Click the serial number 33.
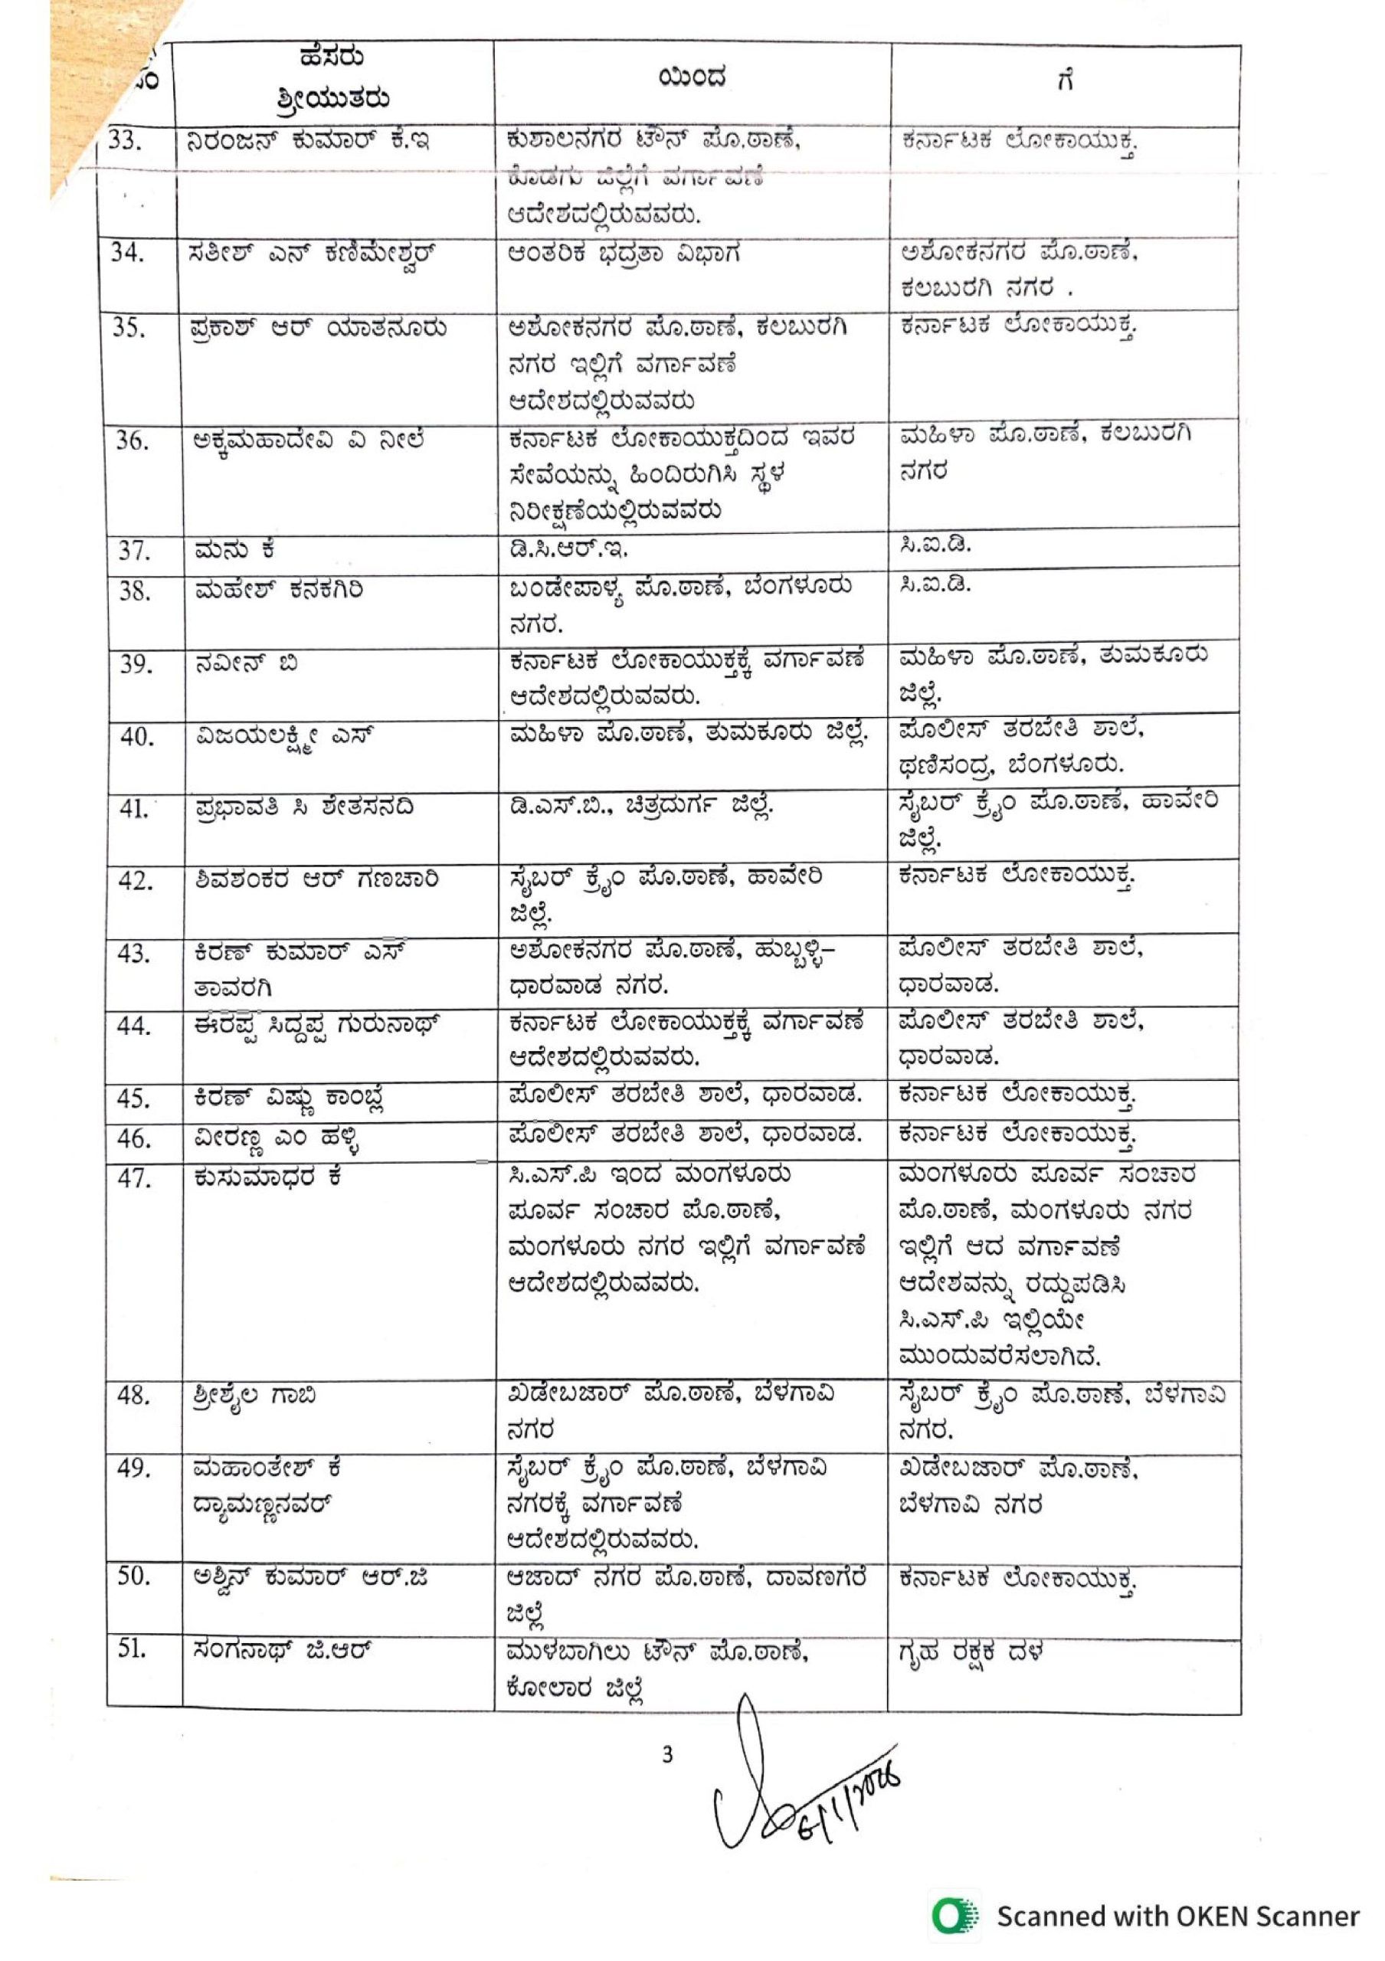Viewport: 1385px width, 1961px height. pyautogui.click(x=126, y=140)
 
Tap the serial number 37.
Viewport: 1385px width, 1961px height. pyautogui.click(x=134, y=551)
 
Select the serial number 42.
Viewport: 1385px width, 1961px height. pyautogui.click(x=135, y=881)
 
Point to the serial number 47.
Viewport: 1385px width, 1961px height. pyautogui.click(x=135, y=1179)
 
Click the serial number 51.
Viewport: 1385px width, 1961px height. pyautogui.click(x=133, y=1649)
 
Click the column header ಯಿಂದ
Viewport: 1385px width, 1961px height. pyautogui.click(x=692, y=79)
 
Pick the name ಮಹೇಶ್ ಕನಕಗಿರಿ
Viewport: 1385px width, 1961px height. pyautogui.click(x=278, y=589)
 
